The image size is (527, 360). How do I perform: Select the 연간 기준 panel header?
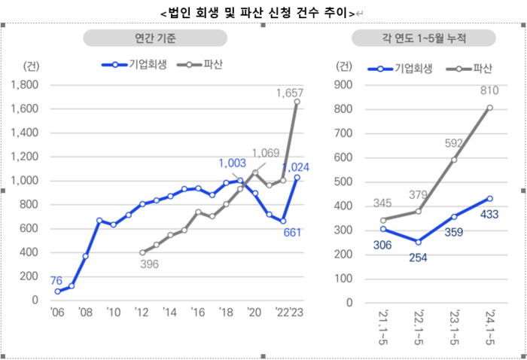154,38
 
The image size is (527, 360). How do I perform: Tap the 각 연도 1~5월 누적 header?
424,38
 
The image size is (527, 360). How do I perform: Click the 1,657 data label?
291,93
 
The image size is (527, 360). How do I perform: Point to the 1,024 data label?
296,167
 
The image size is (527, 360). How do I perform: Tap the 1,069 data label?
265,152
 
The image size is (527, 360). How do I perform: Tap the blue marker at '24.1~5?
489,199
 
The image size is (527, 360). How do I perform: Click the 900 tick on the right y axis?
343,85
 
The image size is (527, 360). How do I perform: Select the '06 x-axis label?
56,313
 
